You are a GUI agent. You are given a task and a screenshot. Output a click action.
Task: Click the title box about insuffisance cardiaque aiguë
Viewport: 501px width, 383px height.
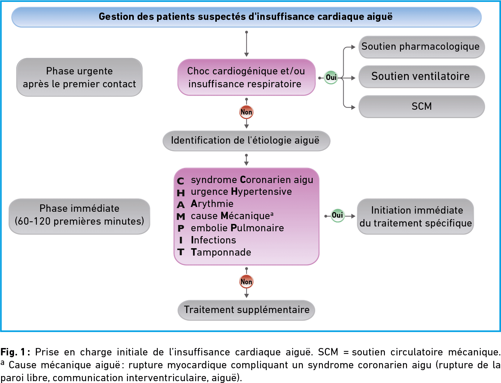(247, 17)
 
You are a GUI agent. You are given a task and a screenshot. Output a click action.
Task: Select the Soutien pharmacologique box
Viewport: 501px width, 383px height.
(422, 47)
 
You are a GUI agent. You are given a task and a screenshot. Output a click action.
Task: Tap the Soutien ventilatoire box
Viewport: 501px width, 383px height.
(422, 77)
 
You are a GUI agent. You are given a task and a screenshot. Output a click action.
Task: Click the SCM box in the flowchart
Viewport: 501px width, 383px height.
(422, 106)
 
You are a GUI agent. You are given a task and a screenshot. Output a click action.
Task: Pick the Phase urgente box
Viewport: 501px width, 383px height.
(79, 77)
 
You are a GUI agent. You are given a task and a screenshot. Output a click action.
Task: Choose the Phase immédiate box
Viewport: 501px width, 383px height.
(79, 216)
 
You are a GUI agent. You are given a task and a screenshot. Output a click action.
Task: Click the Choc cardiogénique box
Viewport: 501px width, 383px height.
(247, 77)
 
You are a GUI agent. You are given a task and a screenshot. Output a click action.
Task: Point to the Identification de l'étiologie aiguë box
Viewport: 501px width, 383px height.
(247, 141)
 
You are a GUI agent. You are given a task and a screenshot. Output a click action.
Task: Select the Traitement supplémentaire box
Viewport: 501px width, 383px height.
(247, 310)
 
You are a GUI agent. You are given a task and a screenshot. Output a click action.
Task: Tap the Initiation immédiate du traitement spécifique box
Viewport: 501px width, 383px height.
(415, 216)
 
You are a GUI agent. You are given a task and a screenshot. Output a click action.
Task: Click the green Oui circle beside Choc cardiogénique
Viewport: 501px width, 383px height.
(331, 77)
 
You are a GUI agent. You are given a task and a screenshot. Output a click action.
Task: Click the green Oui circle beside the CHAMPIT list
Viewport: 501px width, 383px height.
(337, 215)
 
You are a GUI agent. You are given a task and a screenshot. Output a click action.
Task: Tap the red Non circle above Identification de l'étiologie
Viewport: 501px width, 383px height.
(247, 112)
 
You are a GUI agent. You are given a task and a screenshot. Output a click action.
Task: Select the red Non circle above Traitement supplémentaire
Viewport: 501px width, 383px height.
(247, 282)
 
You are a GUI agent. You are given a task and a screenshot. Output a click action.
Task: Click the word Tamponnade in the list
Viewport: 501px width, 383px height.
(221, 252)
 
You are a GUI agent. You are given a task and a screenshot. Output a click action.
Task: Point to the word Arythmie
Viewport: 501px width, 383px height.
(212, 204)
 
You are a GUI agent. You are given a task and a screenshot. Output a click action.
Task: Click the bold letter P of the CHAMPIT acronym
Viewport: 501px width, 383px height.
(181, 228)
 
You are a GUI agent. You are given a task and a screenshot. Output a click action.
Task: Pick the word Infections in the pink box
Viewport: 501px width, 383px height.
(213, 240)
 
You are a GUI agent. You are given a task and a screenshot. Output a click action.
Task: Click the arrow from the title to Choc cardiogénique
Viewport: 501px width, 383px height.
(247, 44)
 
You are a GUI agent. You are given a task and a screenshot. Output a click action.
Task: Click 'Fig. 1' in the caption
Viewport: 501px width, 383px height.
(13, 352)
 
